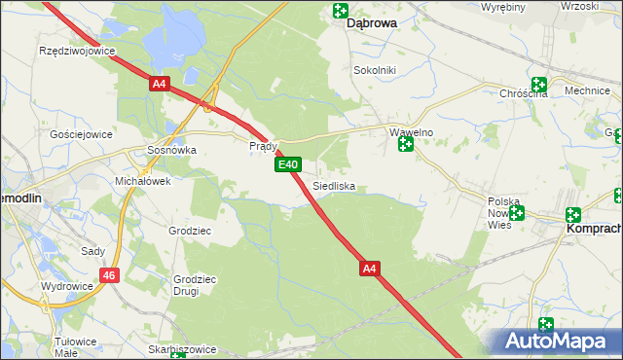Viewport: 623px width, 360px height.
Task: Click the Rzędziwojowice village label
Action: coord(76,50)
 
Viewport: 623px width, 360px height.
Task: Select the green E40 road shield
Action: coord(286,165)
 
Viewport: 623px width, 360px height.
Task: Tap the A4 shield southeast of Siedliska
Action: coord(369,267)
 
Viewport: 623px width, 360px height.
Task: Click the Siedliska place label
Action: coord(334,185)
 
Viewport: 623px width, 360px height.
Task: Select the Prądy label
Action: coord(264,146)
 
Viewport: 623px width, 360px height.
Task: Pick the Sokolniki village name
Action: coord(375,71)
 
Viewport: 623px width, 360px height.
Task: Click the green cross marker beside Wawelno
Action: coord(406,145)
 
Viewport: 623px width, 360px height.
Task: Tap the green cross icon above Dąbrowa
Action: coord(340,11)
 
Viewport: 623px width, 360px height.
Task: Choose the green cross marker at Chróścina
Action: coord(538,86)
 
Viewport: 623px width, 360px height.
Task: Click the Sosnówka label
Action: coord(171,151)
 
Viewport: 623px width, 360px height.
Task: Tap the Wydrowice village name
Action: coord(65,287)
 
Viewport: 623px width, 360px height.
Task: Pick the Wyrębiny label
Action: coord(505,7)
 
